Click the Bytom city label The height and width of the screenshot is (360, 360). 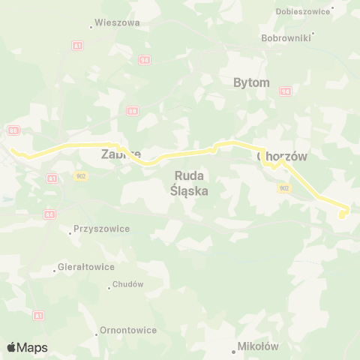point(251,82)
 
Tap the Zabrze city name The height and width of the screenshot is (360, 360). point(121,154)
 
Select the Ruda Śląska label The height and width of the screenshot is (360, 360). point(190,184)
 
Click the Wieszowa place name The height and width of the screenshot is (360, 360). point(117,23)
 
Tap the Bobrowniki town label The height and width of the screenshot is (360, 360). point(284,37)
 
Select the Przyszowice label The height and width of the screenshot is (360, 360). point(101,229)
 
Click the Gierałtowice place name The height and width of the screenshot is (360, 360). point(87,266)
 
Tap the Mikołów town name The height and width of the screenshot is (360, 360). point(258,346)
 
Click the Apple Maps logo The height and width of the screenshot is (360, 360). point(27,347)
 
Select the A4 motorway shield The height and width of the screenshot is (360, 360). point(49,214)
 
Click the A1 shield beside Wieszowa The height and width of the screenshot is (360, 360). point(78,46)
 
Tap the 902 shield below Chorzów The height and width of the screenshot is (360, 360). point(283,188)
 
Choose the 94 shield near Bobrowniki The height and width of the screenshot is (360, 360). point(285,91)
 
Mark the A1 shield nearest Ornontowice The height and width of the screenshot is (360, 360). point(38,316)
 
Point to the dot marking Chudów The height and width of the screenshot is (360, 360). point(109,283)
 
